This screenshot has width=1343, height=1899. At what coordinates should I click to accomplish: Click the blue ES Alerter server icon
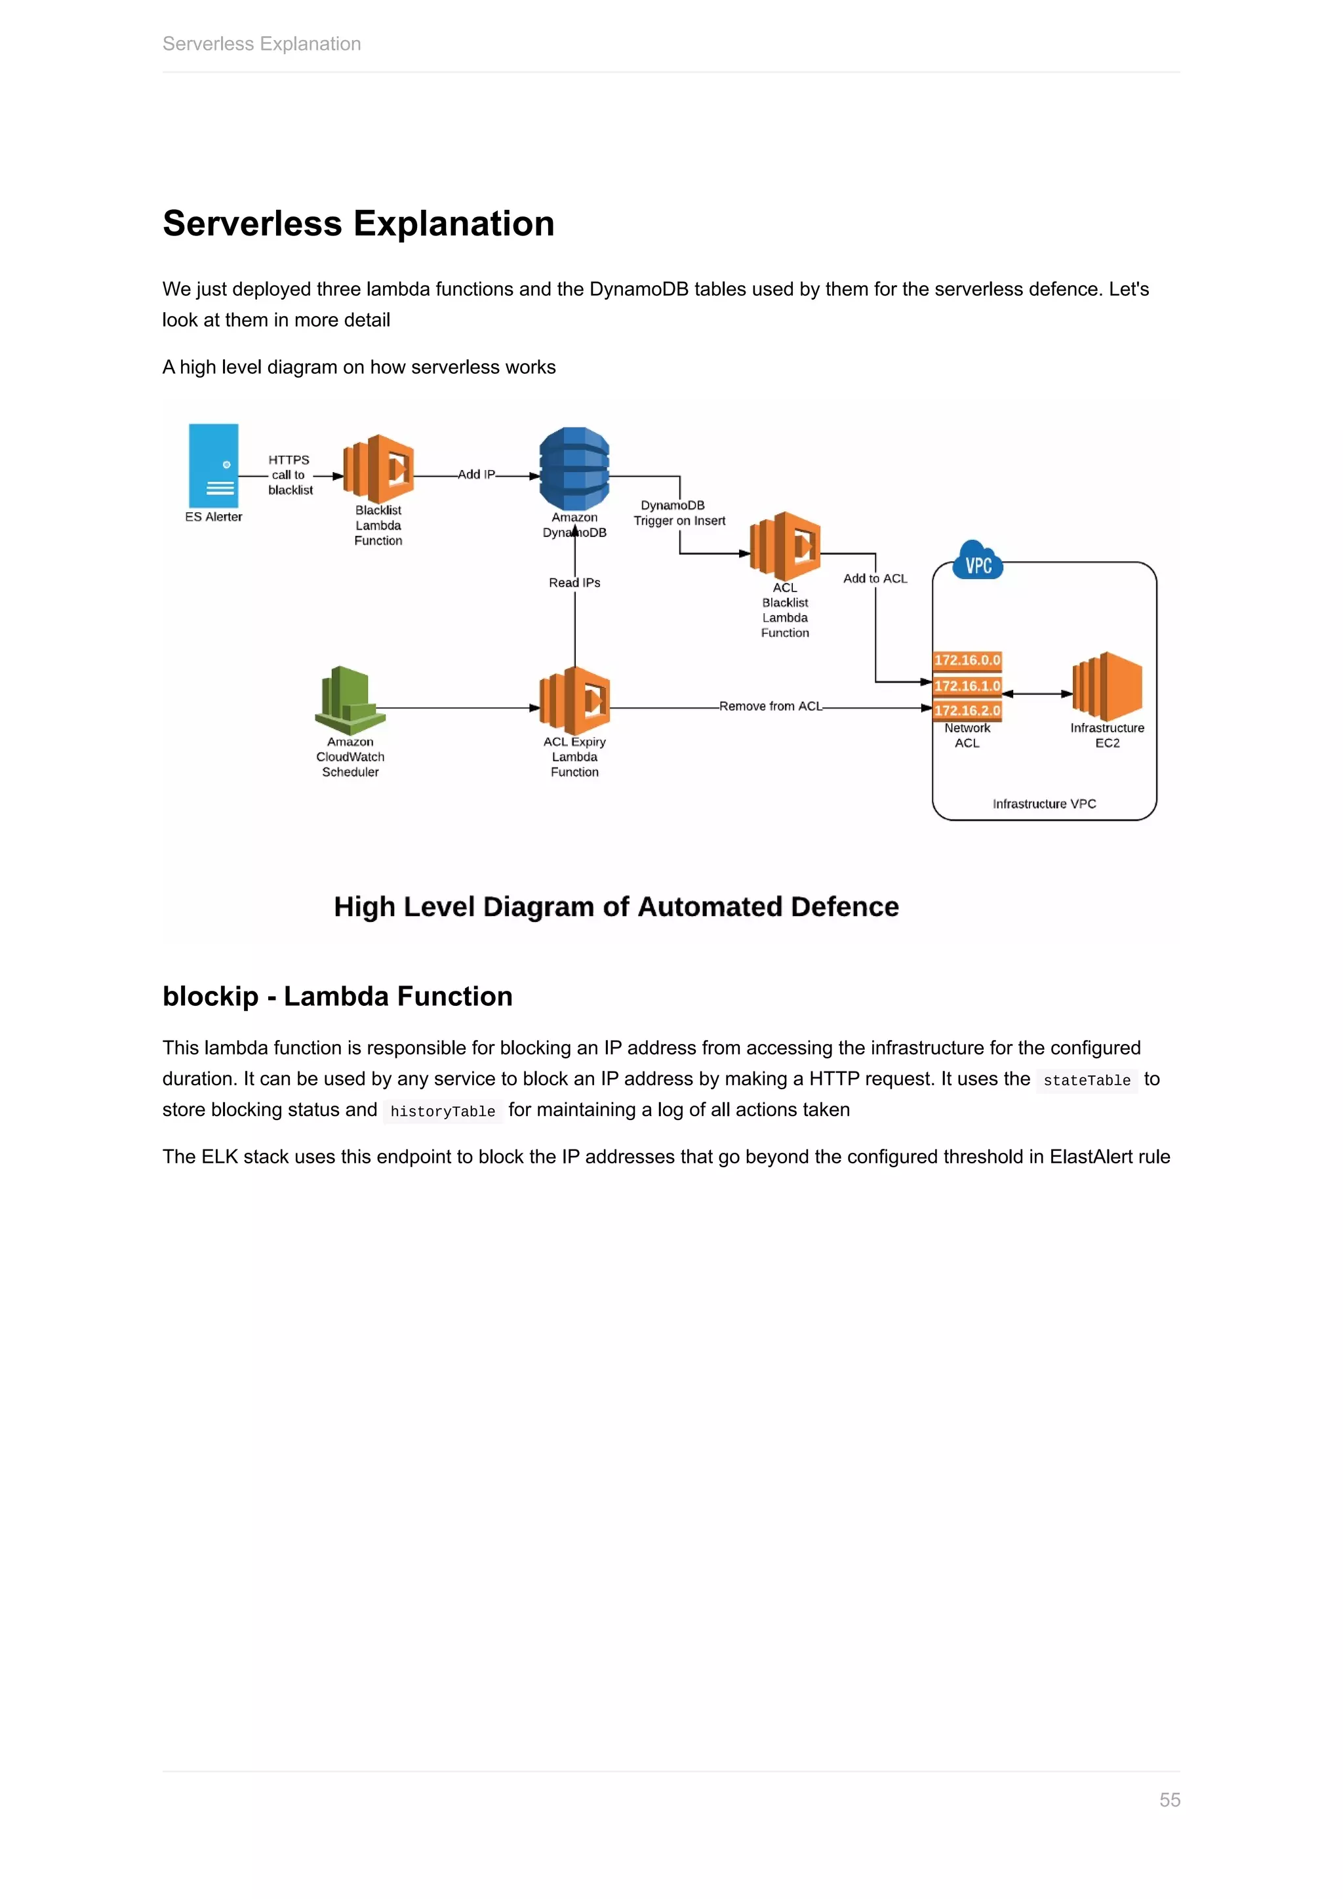click(213, 466)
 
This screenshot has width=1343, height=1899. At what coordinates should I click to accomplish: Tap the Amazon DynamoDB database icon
click(574, 468)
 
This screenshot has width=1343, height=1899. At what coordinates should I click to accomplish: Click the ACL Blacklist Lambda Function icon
click(785, 545)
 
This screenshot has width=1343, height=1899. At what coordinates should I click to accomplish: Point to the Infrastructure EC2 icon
click(1108, 686)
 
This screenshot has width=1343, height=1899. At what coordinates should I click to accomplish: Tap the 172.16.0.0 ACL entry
click(967, 660)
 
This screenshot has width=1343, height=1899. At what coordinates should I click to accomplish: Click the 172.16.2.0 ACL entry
click(967, 710)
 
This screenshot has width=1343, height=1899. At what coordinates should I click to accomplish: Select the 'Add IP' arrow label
click(476, 474)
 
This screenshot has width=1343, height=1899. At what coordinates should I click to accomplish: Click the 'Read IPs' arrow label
click(574, 582)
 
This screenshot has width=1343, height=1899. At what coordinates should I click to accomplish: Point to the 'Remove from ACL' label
click(771, 706)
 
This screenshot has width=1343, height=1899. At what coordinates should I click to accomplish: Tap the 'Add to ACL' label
click(875, 578)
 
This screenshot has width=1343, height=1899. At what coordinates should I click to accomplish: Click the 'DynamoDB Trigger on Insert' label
click(679, 513)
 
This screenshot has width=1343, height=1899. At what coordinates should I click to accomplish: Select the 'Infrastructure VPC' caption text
click(1043, 803)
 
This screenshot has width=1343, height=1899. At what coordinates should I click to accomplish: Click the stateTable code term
click(1086, 1080)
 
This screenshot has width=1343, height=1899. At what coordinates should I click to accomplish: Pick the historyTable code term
click(443, 1111)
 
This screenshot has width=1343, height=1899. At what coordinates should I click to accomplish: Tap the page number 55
click(1169, 1800)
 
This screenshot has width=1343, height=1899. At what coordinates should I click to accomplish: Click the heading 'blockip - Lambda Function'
click(338, 996)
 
